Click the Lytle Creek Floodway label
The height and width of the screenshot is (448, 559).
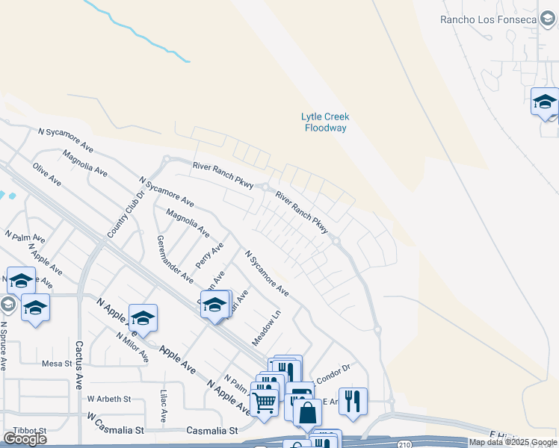click(x=325, y=122)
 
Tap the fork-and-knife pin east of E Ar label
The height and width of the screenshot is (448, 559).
click(x=353, y=401)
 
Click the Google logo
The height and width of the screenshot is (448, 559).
click(x=25, y=439)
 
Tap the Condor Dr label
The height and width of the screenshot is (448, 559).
click(x=333, y=378)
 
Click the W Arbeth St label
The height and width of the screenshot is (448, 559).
click(x=109, y=399)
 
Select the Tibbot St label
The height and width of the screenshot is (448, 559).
click(x=30, y=431)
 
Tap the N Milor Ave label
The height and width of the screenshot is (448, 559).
click(x=132, y=346)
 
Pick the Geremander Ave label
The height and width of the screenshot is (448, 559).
click(x=175, y=256)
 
